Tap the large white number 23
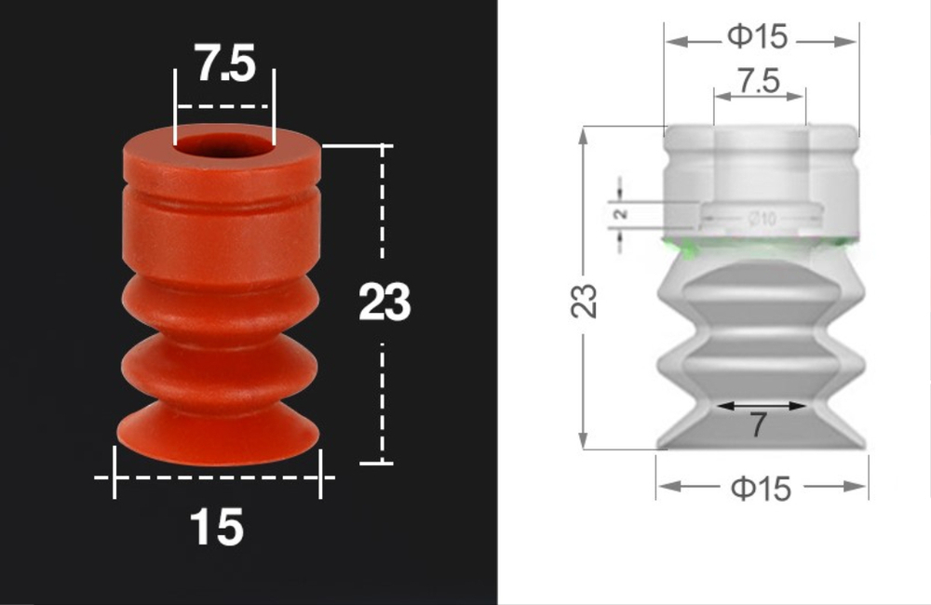pyautogui.click(x=384, y=302)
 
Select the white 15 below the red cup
pyautogui.click(x=217, y=528)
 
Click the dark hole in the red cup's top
pyautogui.click(x=223, y=147)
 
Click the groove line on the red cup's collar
pyautogui.click(x=222, y=199)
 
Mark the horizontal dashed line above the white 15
pyautogui.click(x=216, y=477)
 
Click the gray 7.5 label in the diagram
pyautogui.click(x=758, y=82)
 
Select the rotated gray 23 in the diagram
pyautogui.click(x=585, y=301)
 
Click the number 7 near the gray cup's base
pyautogui.click(x=758, y=425)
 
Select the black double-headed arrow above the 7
pyautogui.click(x=760, y=406)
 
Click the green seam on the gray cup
pyautogui.click(x=758, y=246)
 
